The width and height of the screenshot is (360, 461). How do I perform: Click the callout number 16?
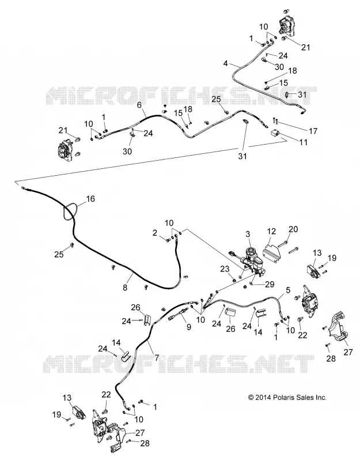tap(90, 199)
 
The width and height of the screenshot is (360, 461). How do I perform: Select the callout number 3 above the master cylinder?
tap(248, 234)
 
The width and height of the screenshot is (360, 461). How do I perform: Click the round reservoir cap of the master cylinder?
tap(251, 252)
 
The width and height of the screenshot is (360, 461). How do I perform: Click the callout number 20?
tap(294, 229)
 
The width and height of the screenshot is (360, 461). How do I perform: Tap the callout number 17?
tap(313, 131)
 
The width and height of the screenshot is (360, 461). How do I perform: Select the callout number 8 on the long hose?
tap(125, 287)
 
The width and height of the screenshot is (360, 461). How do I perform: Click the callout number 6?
tap(139, 105)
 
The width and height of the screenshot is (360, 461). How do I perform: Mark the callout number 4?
tap(225, 63)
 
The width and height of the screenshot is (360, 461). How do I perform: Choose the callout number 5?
tap(288, 290)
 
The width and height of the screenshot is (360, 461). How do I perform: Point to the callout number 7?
tap(157, 357)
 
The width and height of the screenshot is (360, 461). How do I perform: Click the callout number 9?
tap(189, 326)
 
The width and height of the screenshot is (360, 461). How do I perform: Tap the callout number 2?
tap(155, 233)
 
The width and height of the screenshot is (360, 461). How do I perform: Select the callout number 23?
tap(225, 268)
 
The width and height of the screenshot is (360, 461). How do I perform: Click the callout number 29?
tap(270, 284)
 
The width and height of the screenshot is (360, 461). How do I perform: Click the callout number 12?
tap(272, 232)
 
